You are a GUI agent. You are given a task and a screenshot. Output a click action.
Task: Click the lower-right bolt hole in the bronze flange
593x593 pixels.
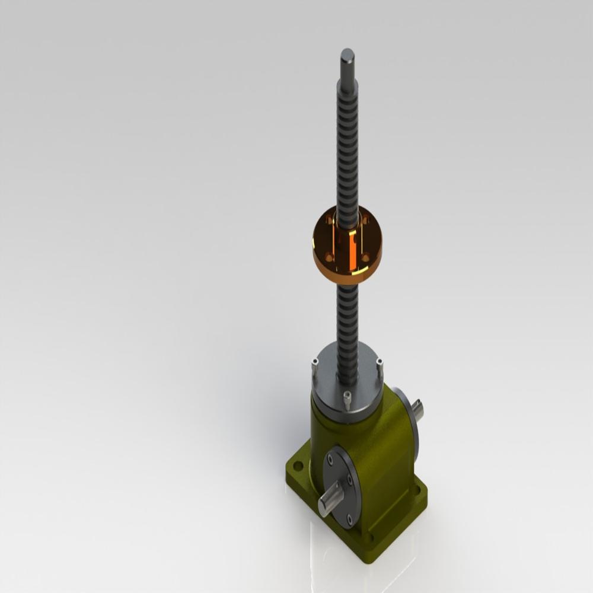pyautogui.click(x=366, y=257)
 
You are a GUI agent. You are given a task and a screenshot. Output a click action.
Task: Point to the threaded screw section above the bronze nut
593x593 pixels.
pyautogui.click(x=347, y=148)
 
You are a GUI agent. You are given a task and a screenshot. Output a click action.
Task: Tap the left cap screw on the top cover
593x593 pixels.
pyautogui.click(x=315, y=368)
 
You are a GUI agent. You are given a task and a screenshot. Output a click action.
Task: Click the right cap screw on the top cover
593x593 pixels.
pyautogui.click(x=380, y=366)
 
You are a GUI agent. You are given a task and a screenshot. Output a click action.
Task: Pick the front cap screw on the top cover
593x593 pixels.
pyautogui.click(x=347, y=400)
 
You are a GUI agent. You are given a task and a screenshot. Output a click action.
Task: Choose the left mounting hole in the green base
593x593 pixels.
pyautogui.click(x=298, y=466)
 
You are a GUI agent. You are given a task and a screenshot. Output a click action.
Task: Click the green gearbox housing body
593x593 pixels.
pyautogui.click(x=380, y=451)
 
